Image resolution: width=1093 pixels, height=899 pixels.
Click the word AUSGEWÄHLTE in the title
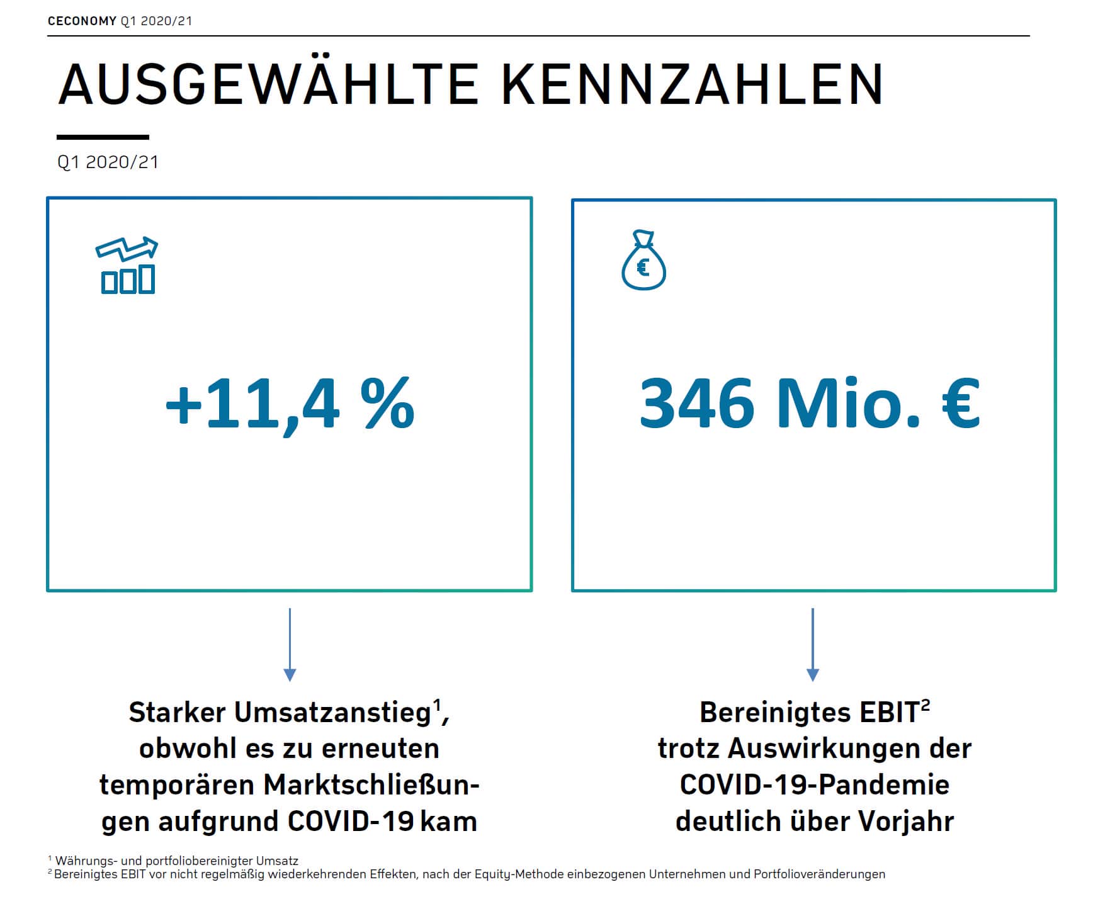[268, 84]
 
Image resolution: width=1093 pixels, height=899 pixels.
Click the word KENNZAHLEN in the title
[693, 84]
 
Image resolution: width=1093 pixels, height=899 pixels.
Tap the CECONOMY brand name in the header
[82, 21]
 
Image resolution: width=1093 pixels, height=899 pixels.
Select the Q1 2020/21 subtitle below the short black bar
[108, 162]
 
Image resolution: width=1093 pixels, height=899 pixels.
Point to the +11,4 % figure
[290, 404]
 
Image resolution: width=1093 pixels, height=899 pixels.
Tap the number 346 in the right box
[696, 404]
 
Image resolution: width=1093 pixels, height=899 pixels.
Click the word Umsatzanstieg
[333, 713]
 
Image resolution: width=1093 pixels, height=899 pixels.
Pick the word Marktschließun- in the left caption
[371, 785]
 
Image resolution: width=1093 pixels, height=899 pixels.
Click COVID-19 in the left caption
[351, 822]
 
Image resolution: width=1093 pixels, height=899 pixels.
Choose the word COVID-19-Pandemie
[815, 785]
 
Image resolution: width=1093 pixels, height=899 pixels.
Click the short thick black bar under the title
[103, 137]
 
